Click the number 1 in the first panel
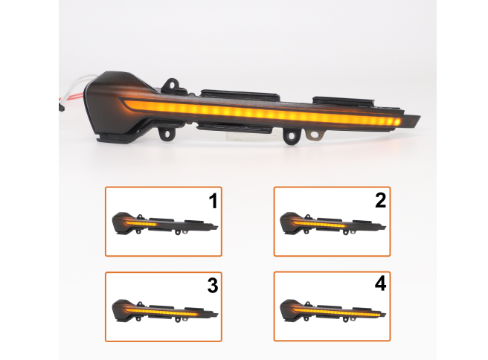coord(213,201)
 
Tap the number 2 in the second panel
coord(381,200)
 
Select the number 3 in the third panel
coord(213,286)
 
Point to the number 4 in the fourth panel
coord(381,284)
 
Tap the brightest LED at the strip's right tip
coord(397,122)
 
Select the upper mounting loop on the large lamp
coord(172,84)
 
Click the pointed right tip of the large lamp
coord(420,117)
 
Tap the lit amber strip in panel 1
coord(141,224)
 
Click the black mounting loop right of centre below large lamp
coord(292,135)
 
